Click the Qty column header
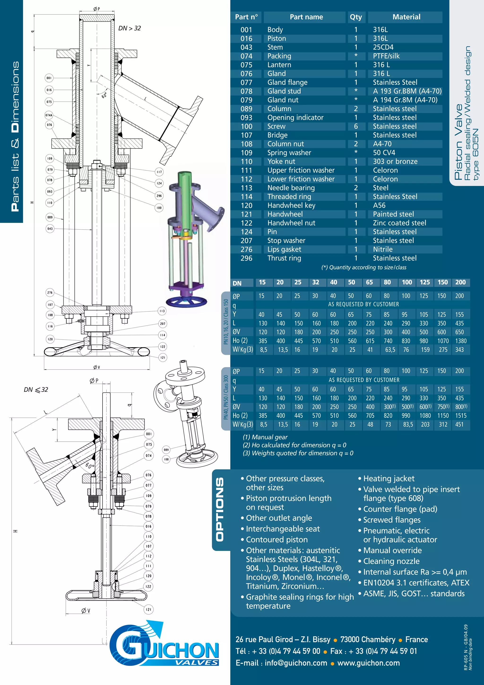tap(355, 17)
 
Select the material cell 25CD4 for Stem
tap(383, 47)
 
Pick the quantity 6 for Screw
tap(355, 126)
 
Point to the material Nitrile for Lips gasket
tap(383, 249)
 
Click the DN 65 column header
tap(369, 282)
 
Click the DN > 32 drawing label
tap(130, 28)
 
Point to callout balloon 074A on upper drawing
tap(49, 115)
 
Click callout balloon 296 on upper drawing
tap(159, 196)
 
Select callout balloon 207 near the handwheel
tap(163, 323)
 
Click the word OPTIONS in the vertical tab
tap(220, 510)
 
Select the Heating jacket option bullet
tap(388, 479)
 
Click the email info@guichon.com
tap(296, 663)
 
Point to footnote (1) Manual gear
tap(265, 437)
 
